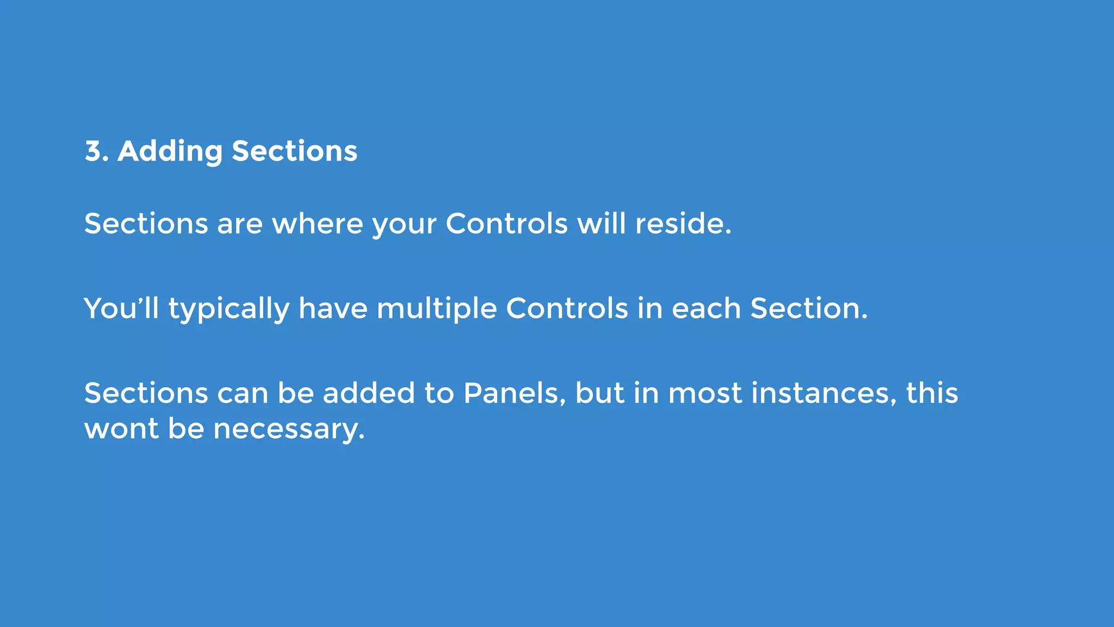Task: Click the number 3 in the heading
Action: tap(94, 151)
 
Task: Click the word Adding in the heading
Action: tap(170, 151)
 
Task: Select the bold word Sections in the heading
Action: tap(294, 151)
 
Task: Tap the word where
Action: tap(317, 224)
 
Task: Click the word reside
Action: tap(683, 224)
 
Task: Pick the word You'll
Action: tap(121, 309)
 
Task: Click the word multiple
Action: tap(436, 309)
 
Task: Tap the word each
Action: tap(706, 309)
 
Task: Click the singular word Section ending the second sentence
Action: tap(808, 309)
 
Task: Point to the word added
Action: tap(369, 393)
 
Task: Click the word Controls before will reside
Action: tap(506, 224)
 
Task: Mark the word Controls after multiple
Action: tap(567, 309)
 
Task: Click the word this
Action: tap(931, 393)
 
